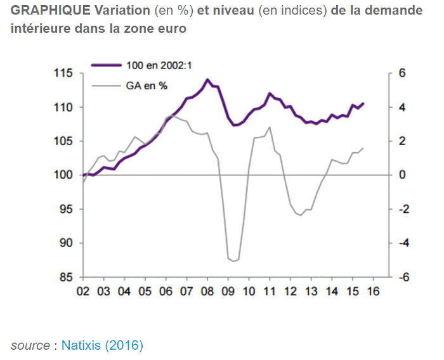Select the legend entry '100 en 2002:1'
click(147, 65)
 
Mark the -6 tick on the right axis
click(399, 277)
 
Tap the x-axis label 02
click(82, 292)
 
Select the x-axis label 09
click(228, 292)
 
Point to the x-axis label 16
click(373, 292)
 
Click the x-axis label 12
click(290, 292)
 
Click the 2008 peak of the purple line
click(207, 79)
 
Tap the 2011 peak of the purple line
click(270, 93)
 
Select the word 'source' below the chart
click(30, 345)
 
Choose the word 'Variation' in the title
click(118, 12)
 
